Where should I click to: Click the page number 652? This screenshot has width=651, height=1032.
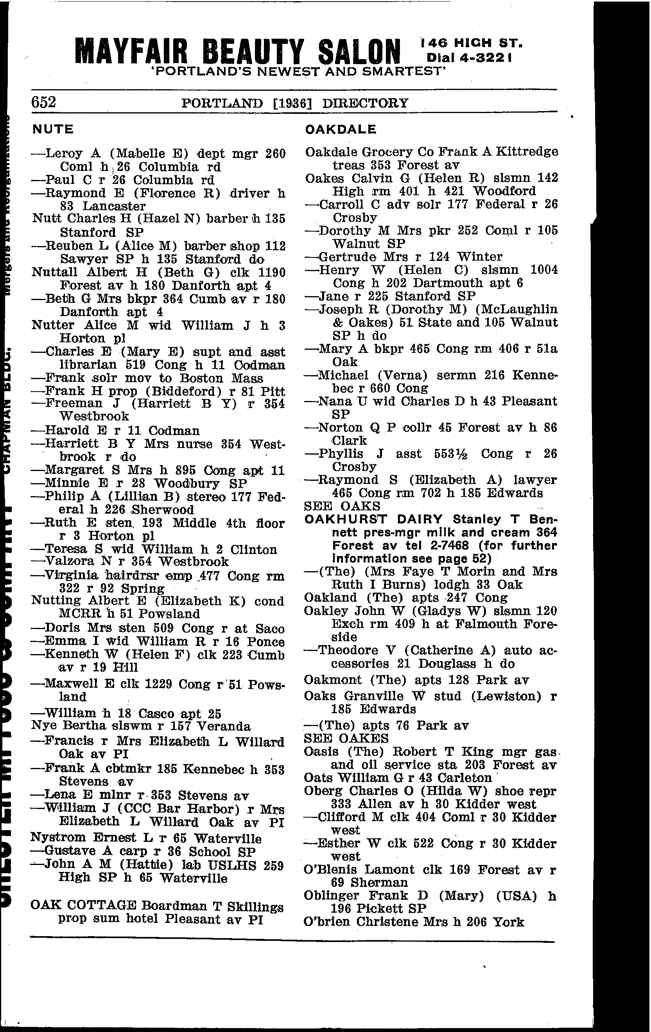43,102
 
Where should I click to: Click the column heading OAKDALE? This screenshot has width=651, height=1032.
341,129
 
